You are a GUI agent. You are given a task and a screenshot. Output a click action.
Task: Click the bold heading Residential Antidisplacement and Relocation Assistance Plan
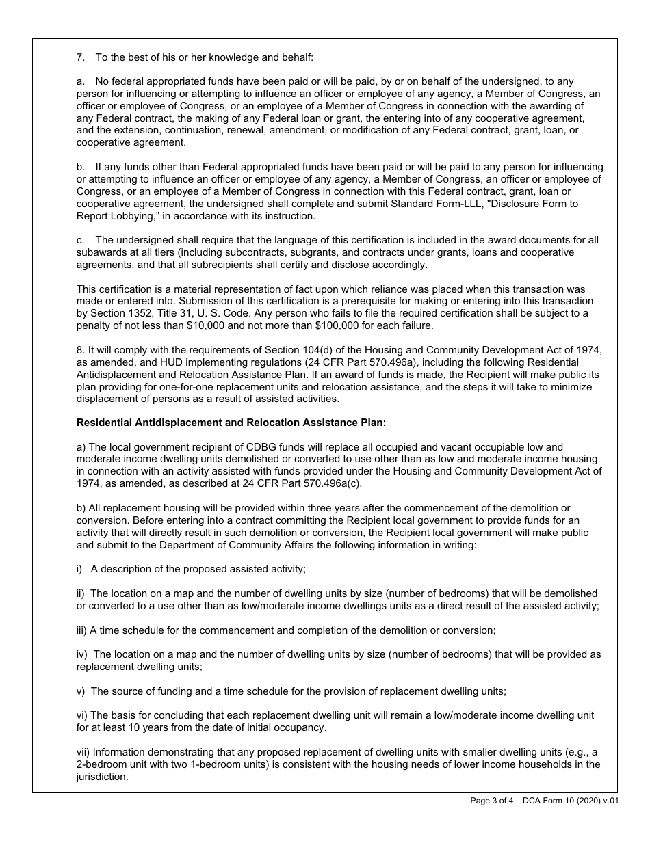(231, 423)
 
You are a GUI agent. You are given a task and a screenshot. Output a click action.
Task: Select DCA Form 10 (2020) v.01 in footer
(571, 801)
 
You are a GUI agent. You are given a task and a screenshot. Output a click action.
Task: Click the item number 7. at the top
(81, 58)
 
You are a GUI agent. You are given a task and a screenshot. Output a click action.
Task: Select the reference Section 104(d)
(289, 350)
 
